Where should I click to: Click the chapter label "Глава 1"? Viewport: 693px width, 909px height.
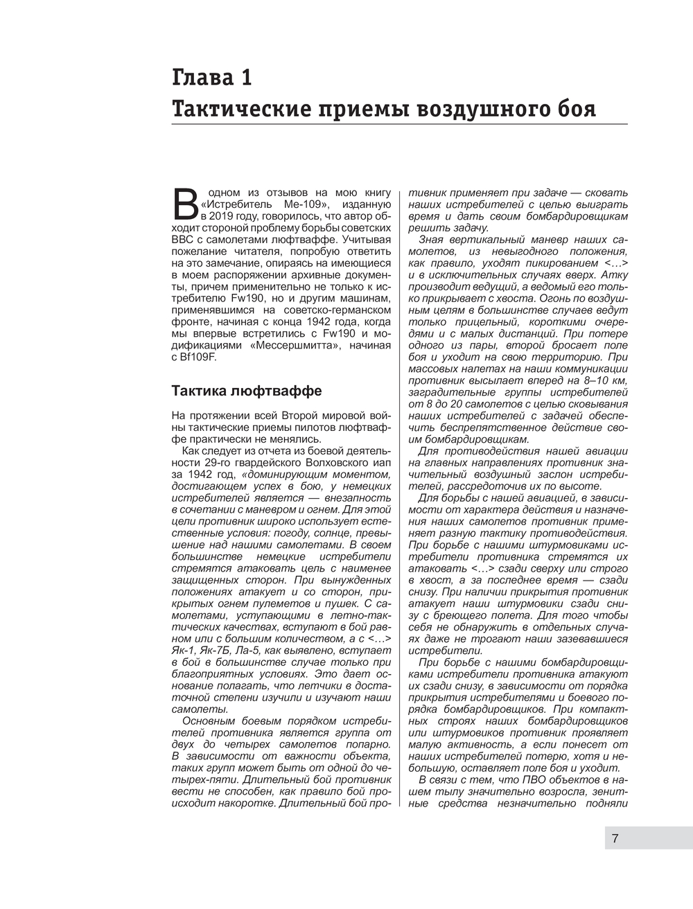click(211, 78)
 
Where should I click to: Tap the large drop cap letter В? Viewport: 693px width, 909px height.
click(184, 203)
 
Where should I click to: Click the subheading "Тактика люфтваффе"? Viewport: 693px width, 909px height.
click(246, 391)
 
